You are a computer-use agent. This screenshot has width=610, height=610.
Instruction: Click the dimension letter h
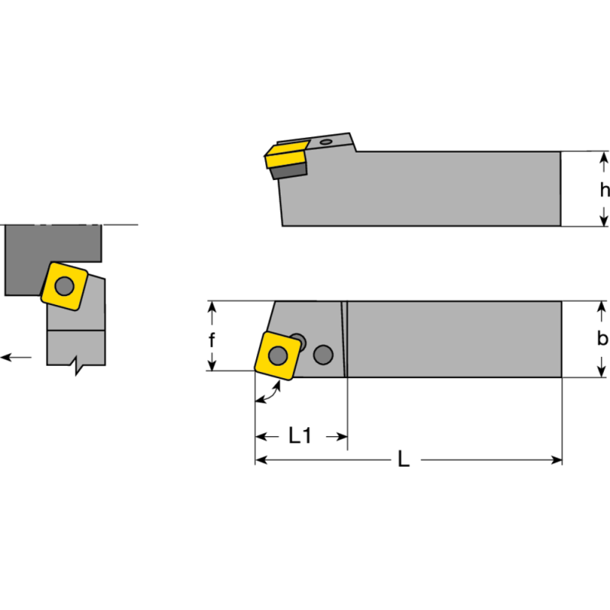[x=604, y=189]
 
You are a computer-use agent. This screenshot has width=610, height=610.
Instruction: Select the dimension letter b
[x=602, y=339]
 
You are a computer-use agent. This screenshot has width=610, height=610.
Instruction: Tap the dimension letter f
[x=213, y=339]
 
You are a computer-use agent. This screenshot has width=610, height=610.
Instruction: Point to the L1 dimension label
[x=300, y=436]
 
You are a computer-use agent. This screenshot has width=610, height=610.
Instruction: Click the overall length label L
[x=404, y=460]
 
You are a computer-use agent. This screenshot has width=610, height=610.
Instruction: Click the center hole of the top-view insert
[x=278, y=355]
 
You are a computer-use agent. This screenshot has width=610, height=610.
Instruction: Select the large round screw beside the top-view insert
[x=323, y=355]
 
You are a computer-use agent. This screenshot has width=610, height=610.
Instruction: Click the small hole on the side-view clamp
[x=327, y=141]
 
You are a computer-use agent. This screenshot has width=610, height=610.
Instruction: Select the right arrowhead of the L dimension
[x=557, y=460]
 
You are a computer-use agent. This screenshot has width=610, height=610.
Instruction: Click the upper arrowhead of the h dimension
[x=604, y=158]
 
